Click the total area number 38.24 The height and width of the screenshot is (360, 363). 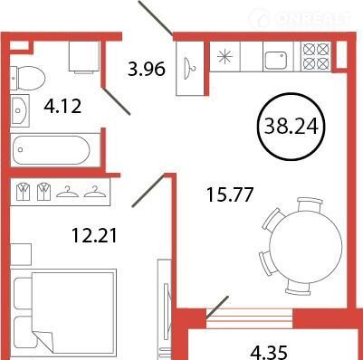(291, 126)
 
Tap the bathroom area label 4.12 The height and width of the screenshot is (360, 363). (62, 106)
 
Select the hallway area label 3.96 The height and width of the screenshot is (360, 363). (147, 69)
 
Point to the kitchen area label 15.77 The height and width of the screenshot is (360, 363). (229, 194)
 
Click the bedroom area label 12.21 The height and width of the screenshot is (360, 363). (94, 235)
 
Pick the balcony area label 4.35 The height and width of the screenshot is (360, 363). (268, 353)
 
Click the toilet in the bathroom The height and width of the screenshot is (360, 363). (27, 78)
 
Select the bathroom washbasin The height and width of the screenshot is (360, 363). (20, 110)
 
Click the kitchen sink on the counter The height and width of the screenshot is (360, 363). (275, 60)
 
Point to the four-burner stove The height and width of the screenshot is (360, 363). (316, 56)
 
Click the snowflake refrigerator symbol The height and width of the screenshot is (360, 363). (225, 56)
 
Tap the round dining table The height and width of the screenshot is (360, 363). (306, 245)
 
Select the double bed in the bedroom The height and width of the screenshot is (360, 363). (63, 314)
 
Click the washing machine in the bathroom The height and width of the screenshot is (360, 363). (84, 57)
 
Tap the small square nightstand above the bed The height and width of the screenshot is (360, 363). (21, 254)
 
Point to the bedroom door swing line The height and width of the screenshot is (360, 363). (148, 191)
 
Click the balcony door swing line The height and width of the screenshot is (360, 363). (217, 307)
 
